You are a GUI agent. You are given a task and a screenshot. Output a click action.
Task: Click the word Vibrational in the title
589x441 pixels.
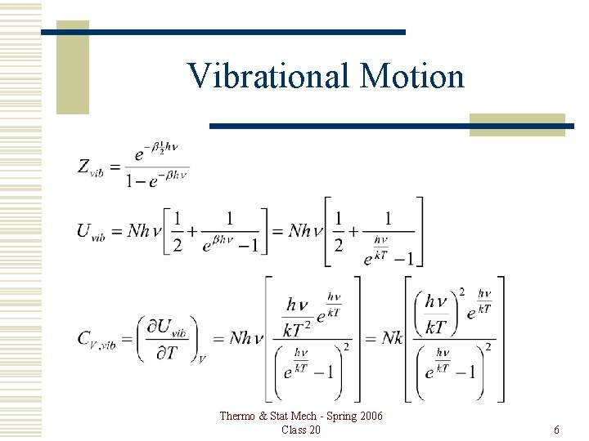pyautogui.click(x=268, y=76)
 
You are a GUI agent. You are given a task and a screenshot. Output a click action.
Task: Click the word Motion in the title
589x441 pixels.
pyautogui.click(x=411, y=76)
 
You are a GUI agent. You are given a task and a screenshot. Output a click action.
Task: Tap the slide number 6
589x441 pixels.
pyautogui.click(x=556, y=430)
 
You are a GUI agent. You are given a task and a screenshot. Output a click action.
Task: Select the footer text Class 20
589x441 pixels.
pyautogui.click(x=301, y=430)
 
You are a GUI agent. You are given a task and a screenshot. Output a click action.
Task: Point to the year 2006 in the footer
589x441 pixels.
pyautogui.click(x=369, y=416)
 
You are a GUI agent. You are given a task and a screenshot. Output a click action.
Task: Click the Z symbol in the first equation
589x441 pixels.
pyautogui.click(x=84, y=166)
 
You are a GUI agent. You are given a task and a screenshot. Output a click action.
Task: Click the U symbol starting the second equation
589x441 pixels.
pyautogui.click(x=84, y=230)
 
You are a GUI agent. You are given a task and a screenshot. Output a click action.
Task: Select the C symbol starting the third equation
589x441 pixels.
pyautogui.click(x=84, y=338)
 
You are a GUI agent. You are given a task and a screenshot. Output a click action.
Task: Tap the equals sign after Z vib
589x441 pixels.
pyautogui.click(x=115, y=167)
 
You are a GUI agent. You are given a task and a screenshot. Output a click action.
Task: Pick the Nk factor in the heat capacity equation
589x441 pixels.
pyautogui.click(x=392, y=338)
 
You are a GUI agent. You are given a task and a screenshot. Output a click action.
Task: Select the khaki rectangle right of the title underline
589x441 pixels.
pyautogui.click(x=517, y=125)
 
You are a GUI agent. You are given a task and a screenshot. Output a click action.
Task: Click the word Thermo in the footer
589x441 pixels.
pyautogui.click(x=238, y=416)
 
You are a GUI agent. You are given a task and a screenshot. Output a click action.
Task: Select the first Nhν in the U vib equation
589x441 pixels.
pyautogui.click(x=144, y=231)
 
